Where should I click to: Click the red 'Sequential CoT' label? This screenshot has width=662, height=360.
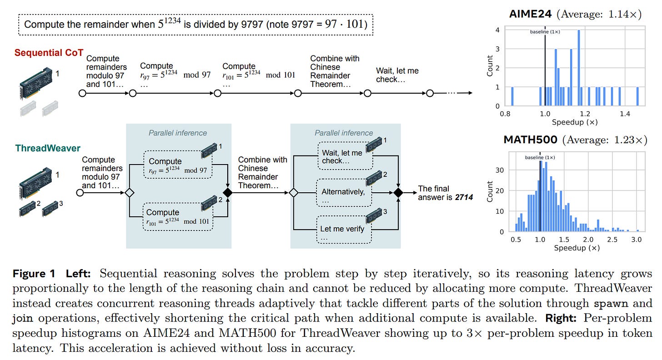tap(49, 53)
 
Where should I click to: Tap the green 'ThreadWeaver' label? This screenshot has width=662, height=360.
tap(48, 148)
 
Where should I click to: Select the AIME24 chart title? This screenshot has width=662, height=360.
tap(530, 14)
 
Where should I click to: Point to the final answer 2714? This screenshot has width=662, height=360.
tap(464, 197)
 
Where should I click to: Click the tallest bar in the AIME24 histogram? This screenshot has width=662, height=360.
tap(579, 68)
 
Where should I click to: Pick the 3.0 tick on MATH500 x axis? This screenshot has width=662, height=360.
tap(637, 240)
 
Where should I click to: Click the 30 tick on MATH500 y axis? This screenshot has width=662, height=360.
tap(502, 170)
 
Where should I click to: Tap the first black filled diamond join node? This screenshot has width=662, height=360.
tap(227, 193)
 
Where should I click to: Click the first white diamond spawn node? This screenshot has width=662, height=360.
tap(130, 193)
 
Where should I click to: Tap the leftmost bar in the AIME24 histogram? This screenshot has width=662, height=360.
tap(512, 96)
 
